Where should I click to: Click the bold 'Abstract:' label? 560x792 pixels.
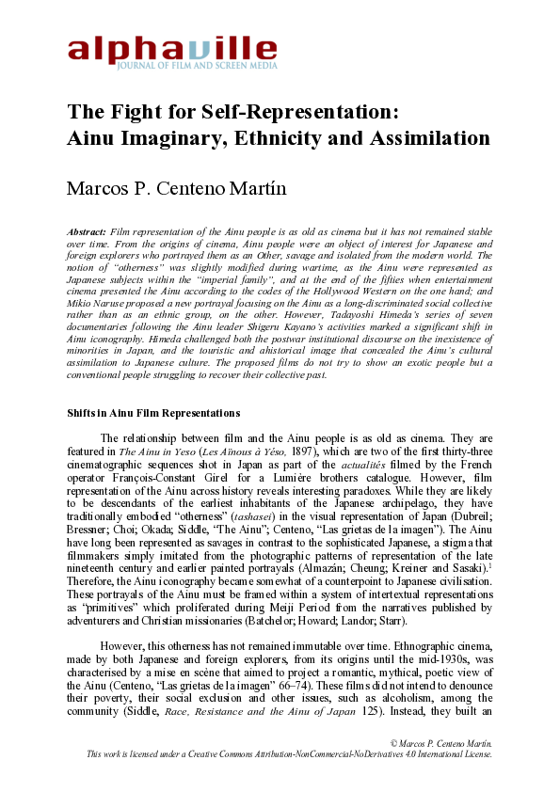[x=88, y=230]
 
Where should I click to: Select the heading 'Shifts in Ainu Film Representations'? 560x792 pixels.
[x=153, y=413]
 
